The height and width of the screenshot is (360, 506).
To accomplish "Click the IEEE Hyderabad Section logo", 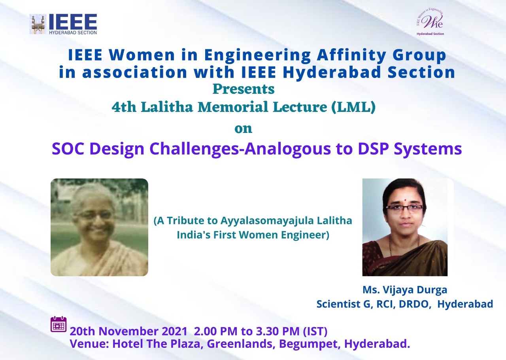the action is coord(63,24).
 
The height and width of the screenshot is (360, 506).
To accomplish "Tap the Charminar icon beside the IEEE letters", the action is coord(38,25).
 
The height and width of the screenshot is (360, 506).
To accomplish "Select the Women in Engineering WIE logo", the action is coord(430,22).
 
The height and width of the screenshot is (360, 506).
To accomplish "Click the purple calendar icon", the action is coord(59,324).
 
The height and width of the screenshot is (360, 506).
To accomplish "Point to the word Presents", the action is coord(244,89).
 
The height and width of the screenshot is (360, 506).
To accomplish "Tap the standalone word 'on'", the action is coord(243,129).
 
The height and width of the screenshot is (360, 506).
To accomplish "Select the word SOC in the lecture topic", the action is coord(69,149).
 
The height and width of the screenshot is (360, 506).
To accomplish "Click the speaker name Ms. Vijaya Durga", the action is coord(405,290).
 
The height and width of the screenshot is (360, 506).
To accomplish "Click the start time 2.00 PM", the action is coord(215,331).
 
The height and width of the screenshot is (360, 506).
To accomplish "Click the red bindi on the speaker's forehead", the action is coord(405,200).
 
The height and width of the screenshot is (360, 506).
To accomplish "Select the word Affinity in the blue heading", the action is coord(351,55).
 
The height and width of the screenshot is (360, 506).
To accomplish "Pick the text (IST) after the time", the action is coord(315,332).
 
